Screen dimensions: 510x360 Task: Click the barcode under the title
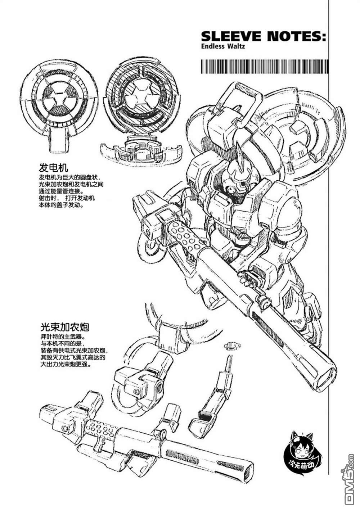[x=264, y=67]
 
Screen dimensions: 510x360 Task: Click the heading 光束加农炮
[x=64, y=327]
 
